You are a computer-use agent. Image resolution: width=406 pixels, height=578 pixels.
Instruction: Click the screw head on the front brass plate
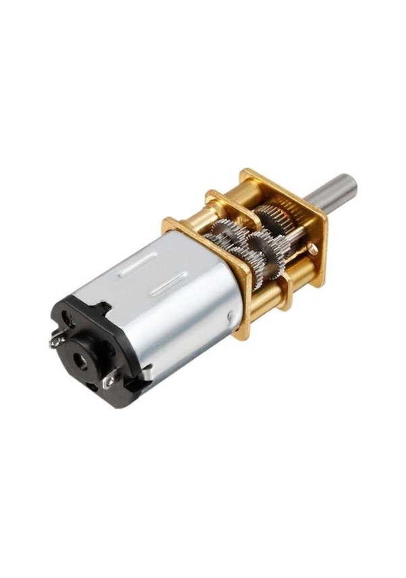(312, 249)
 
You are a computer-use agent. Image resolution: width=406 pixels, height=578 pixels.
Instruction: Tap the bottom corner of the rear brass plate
(242, 334)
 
